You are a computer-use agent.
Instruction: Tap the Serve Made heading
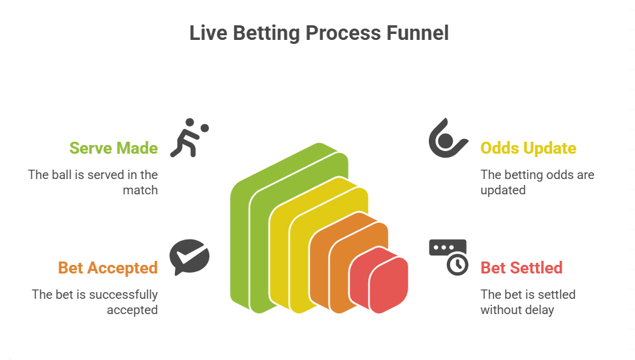click(114, 148)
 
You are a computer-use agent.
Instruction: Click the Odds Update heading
click(528, 148)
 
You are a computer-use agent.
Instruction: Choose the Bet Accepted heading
click(108, 268)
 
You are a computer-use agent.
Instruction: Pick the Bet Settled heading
click(521, 268)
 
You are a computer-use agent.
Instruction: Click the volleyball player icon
click(186, 139)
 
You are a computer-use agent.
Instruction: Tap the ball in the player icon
click(205, 127)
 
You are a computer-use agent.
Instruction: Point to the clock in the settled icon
click(457, 264)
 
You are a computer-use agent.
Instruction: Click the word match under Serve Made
click(140, 190)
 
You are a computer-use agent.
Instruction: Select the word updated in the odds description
click(503, 190)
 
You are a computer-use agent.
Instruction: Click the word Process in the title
click(344, 33)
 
